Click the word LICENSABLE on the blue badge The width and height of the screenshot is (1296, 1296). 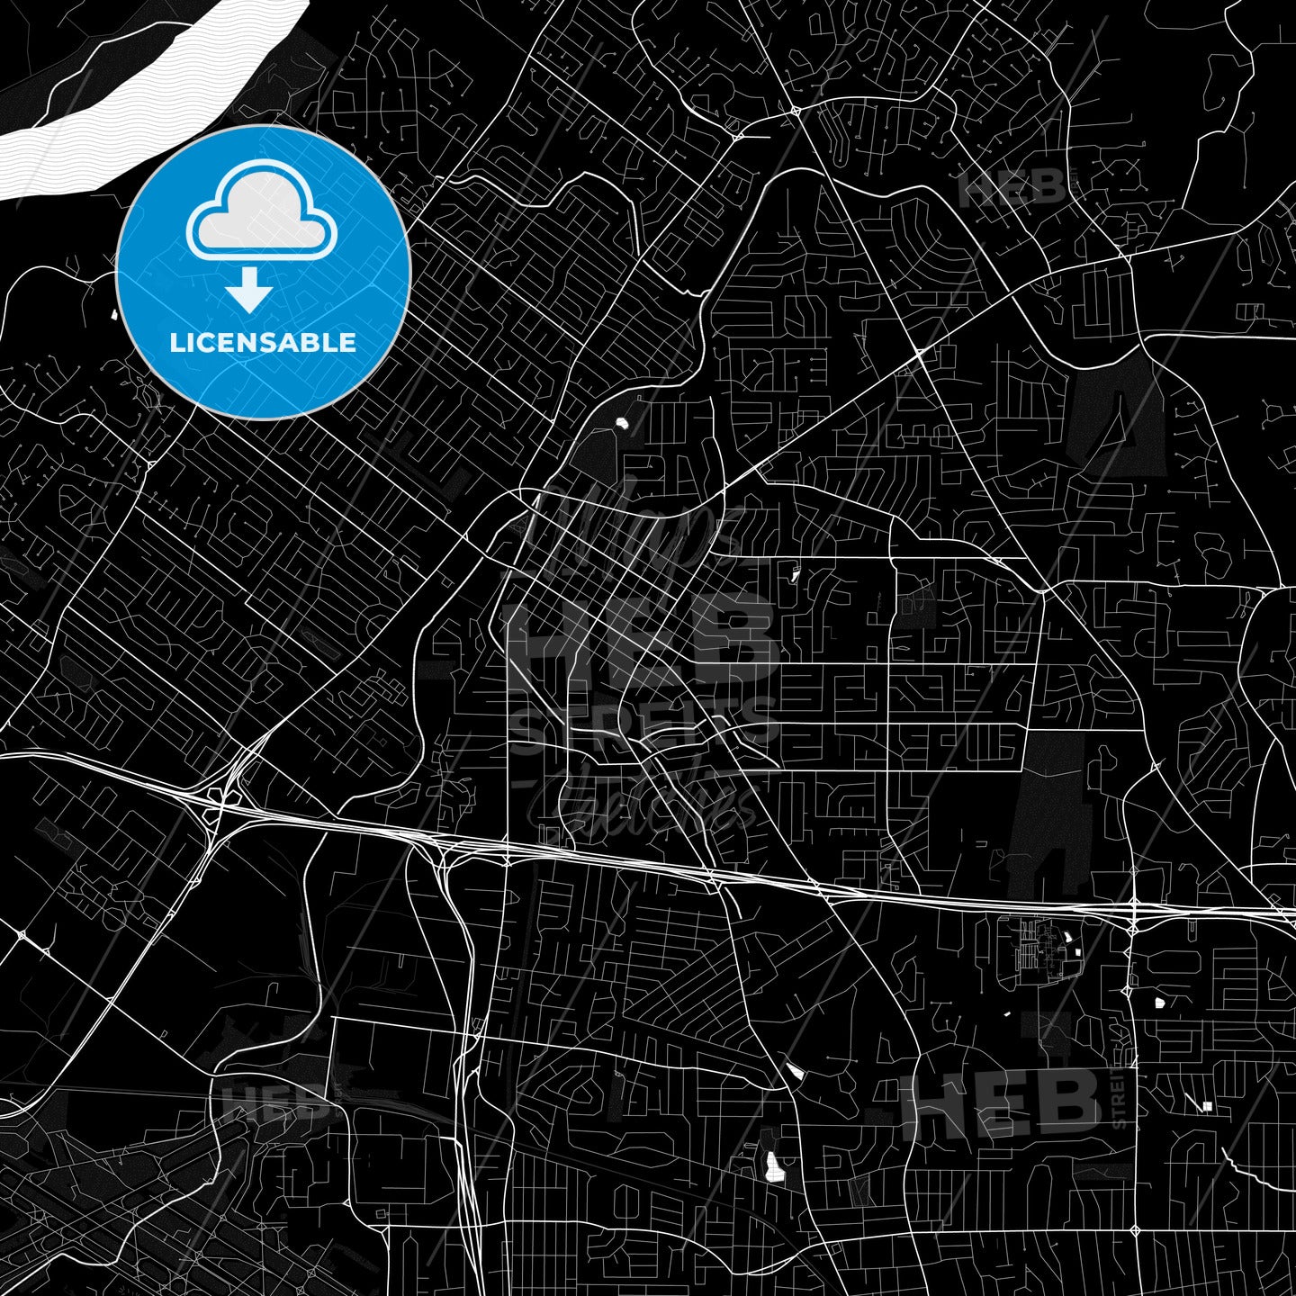(x=263, y=343)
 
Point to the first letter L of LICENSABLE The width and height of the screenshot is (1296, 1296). (x=175, y=343)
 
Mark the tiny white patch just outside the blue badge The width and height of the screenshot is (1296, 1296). (x=113, y=315)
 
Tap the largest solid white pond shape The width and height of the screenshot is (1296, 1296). (x=771, y=1165)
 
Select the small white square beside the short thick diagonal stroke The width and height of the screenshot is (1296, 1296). (x=1208, y=1106)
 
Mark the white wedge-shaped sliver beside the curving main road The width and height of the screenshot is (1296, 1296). (x=794, y=1070)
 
